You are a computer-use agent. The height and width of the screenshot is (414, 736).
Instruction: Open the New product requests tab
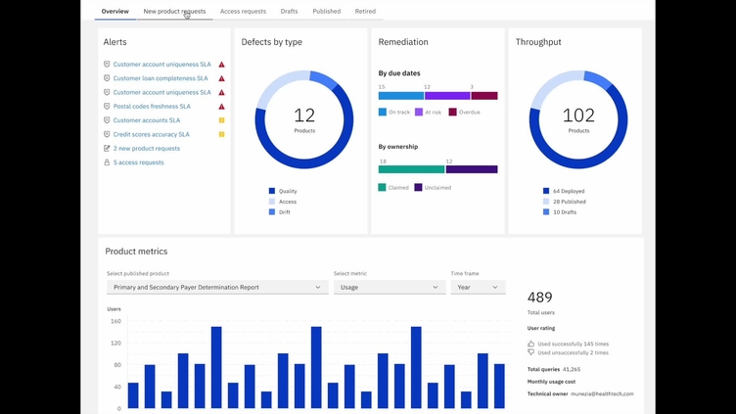click(x=174, y=12)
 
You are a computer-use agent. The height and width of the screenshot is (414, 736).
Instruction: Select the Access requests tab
click(x=243, y=12)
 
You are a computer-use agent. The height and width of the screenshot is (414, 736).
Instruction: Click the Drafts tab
click(x=289, y=12)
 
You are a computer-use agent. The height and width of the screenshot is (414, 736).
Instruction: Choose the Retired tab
click(x=365, y=12)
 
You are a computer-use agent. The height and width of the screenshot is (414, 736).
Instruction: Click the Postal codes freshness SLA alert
click(x=152, y=107)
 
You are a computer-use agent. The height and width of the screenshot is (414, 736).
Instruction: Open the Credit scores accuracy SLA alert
click(x=151, y=135)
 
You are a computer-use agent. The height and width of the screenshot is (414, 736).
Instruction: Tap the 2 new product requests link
click(x=146, y=149)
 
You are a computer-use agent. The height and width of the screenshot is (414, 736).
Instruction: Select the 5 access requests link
click(x=138, y=162)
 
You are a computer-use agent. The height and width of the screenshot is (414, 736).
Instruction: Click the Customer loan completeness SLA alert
click(x=161, y=78)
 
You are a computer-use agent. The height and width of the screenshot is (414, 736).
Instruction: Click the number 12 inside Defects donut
click(x=304, y=115)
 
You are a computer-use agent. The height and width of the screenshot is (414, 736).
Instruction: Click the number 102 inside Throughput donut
click(x=578, y=115)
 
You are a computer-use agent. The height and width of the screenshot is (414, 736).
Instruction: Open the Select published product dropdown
click(x=217, y=288)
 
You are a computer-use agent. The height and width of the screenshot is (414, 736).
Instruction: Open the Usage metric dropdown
click(x=389, y=288)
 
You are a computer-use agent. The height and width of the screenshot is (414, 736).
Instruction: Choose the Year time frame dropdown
click(x=478, y=288)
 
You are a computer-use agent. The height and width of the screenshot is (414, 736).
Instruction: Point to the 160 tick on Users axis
click(x=115, y=321)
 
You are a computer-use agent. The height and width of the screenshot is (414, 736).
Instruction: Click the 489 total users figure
click(x=540, y=298)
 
